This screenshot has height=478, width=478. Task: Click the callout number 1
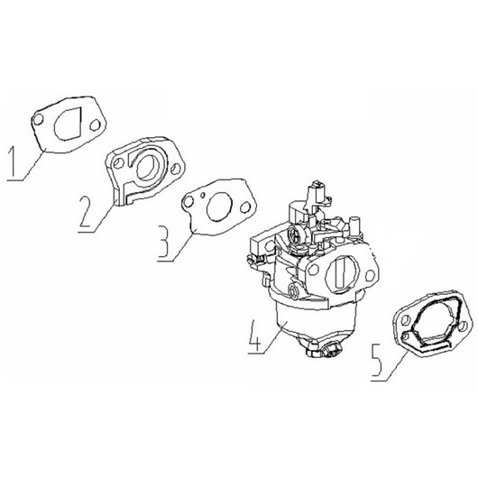[14, 161]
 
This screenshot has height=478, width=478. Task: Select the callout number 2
[86, 211]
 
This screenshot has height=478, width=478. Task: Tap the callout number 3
[164, 242]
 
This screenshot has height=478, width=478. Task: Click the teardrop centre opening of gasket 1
[69, 124]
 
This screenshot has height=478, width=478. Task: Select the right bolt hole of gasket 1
[95, 125]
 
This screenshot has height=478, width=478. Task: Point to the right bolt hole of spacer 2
[176, 169]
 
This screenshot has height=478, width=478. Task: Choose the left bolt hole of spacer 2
[117, 164]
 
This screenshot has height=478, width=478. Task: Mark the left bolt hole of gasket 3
[188, 201]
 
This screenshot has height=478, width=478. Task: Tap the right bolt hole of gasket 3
[244, 208]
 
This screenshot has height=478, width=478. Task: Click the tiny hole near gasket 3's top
[203, 194]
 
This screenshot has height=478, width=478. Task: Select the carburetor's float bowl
[316, 322]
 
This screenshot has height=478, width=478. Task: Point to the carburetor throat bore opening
[341, 273]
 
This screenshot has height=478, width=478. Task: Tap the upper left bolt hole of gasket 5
[406, 320]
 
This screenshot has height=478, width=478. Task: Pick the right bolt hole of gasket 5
[463, 326]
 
